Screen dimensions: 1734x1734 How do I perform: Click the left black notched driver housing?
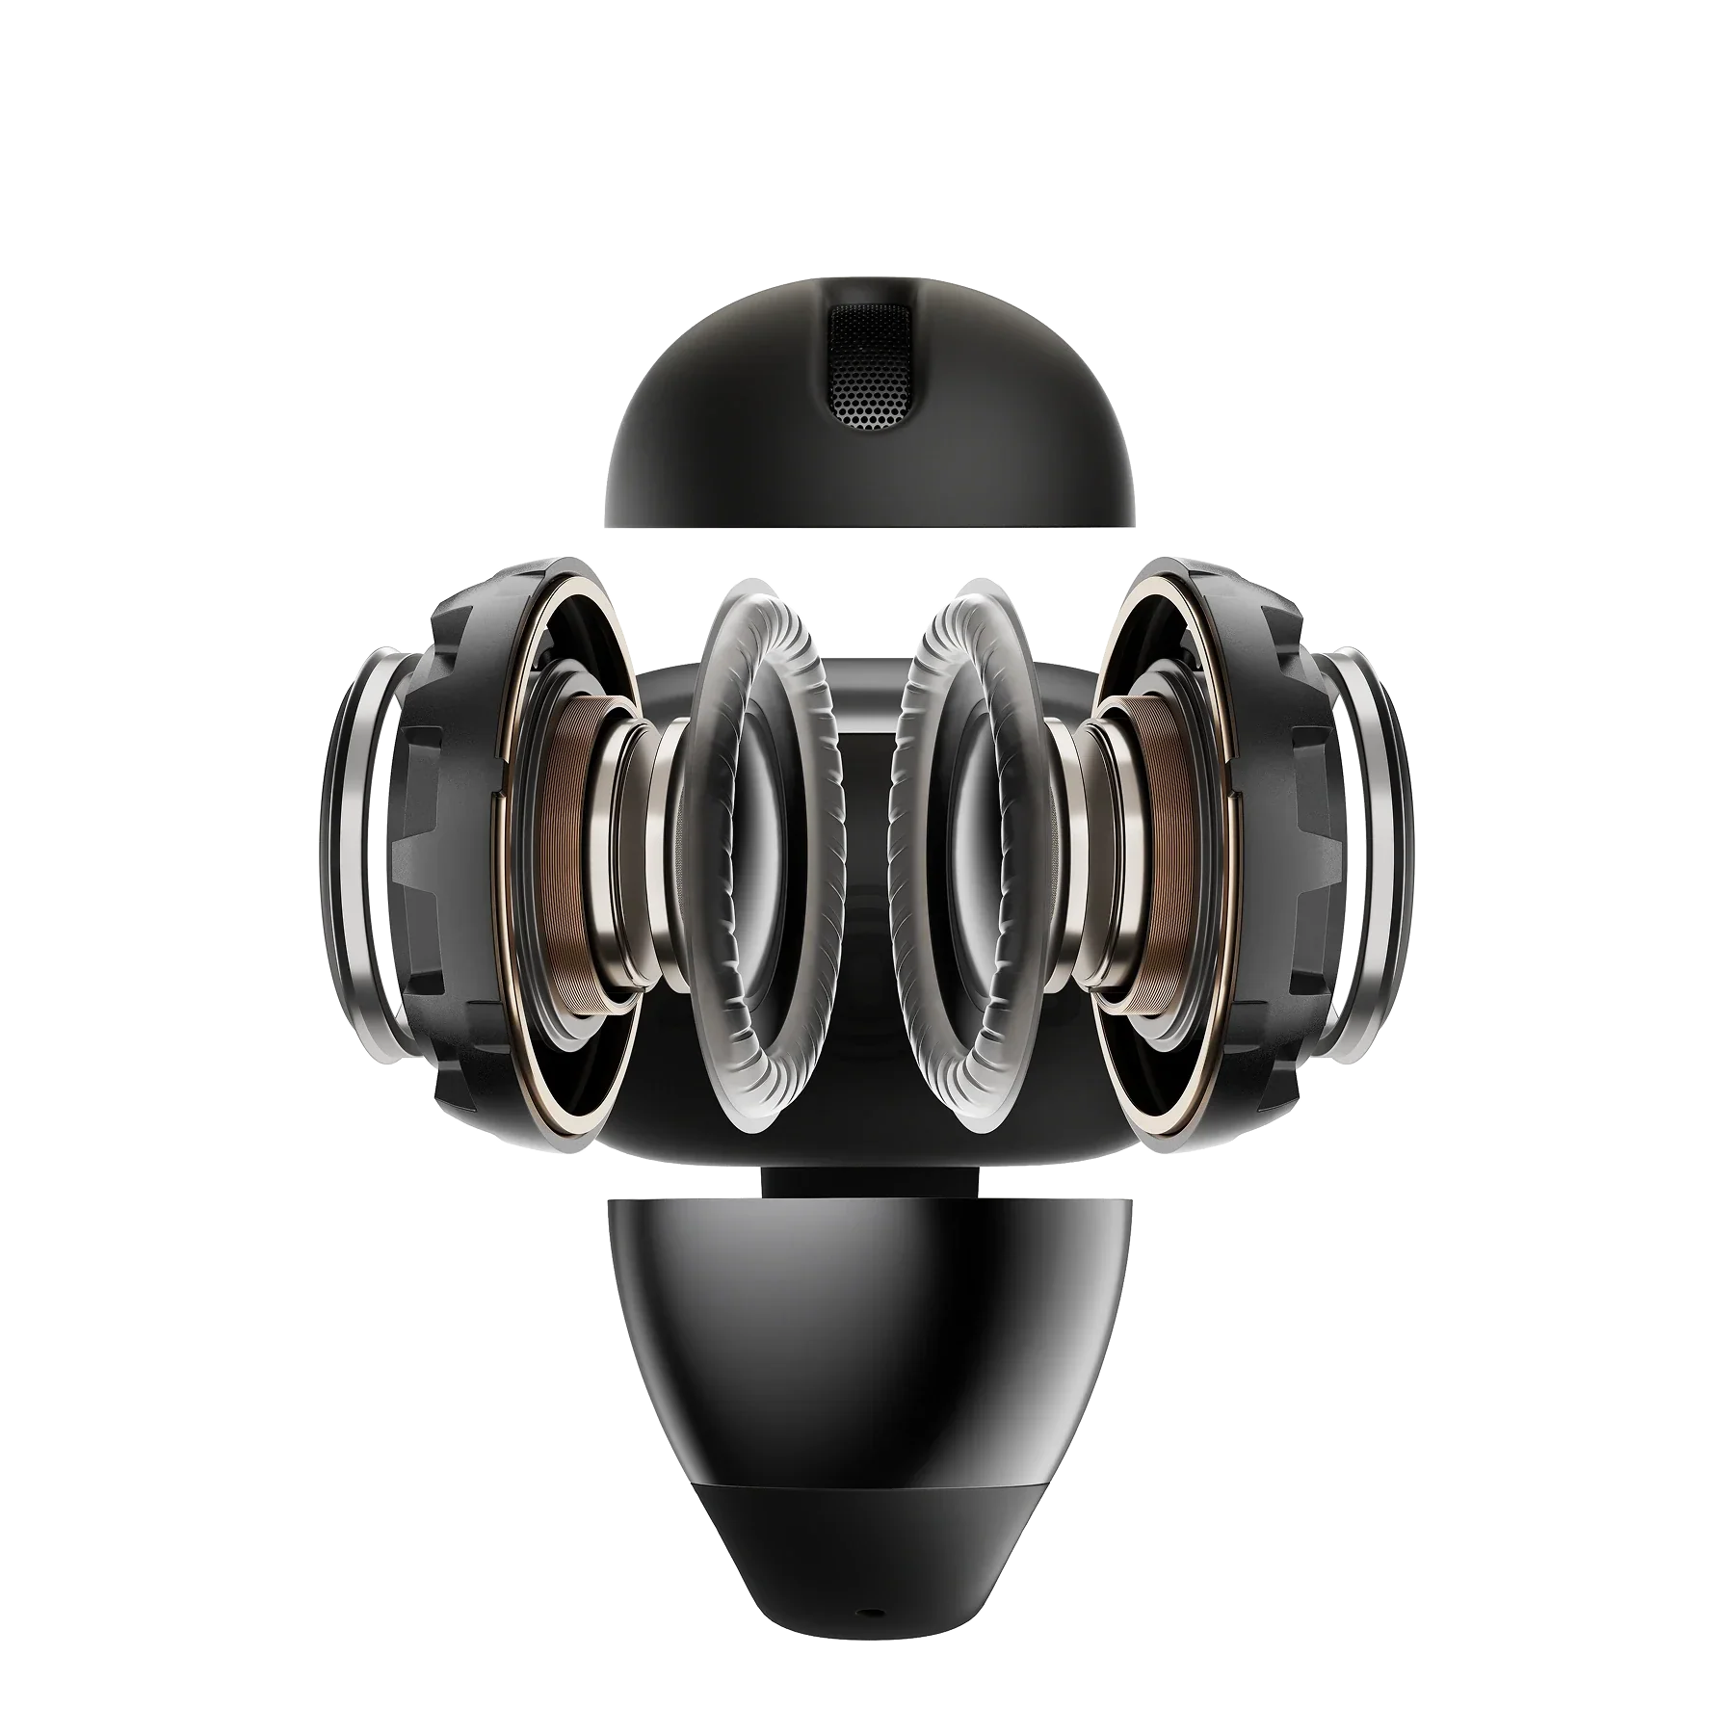tap(453, 828)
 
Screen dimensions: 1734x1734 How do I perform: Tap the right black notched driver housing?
tap(1281, 828)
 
